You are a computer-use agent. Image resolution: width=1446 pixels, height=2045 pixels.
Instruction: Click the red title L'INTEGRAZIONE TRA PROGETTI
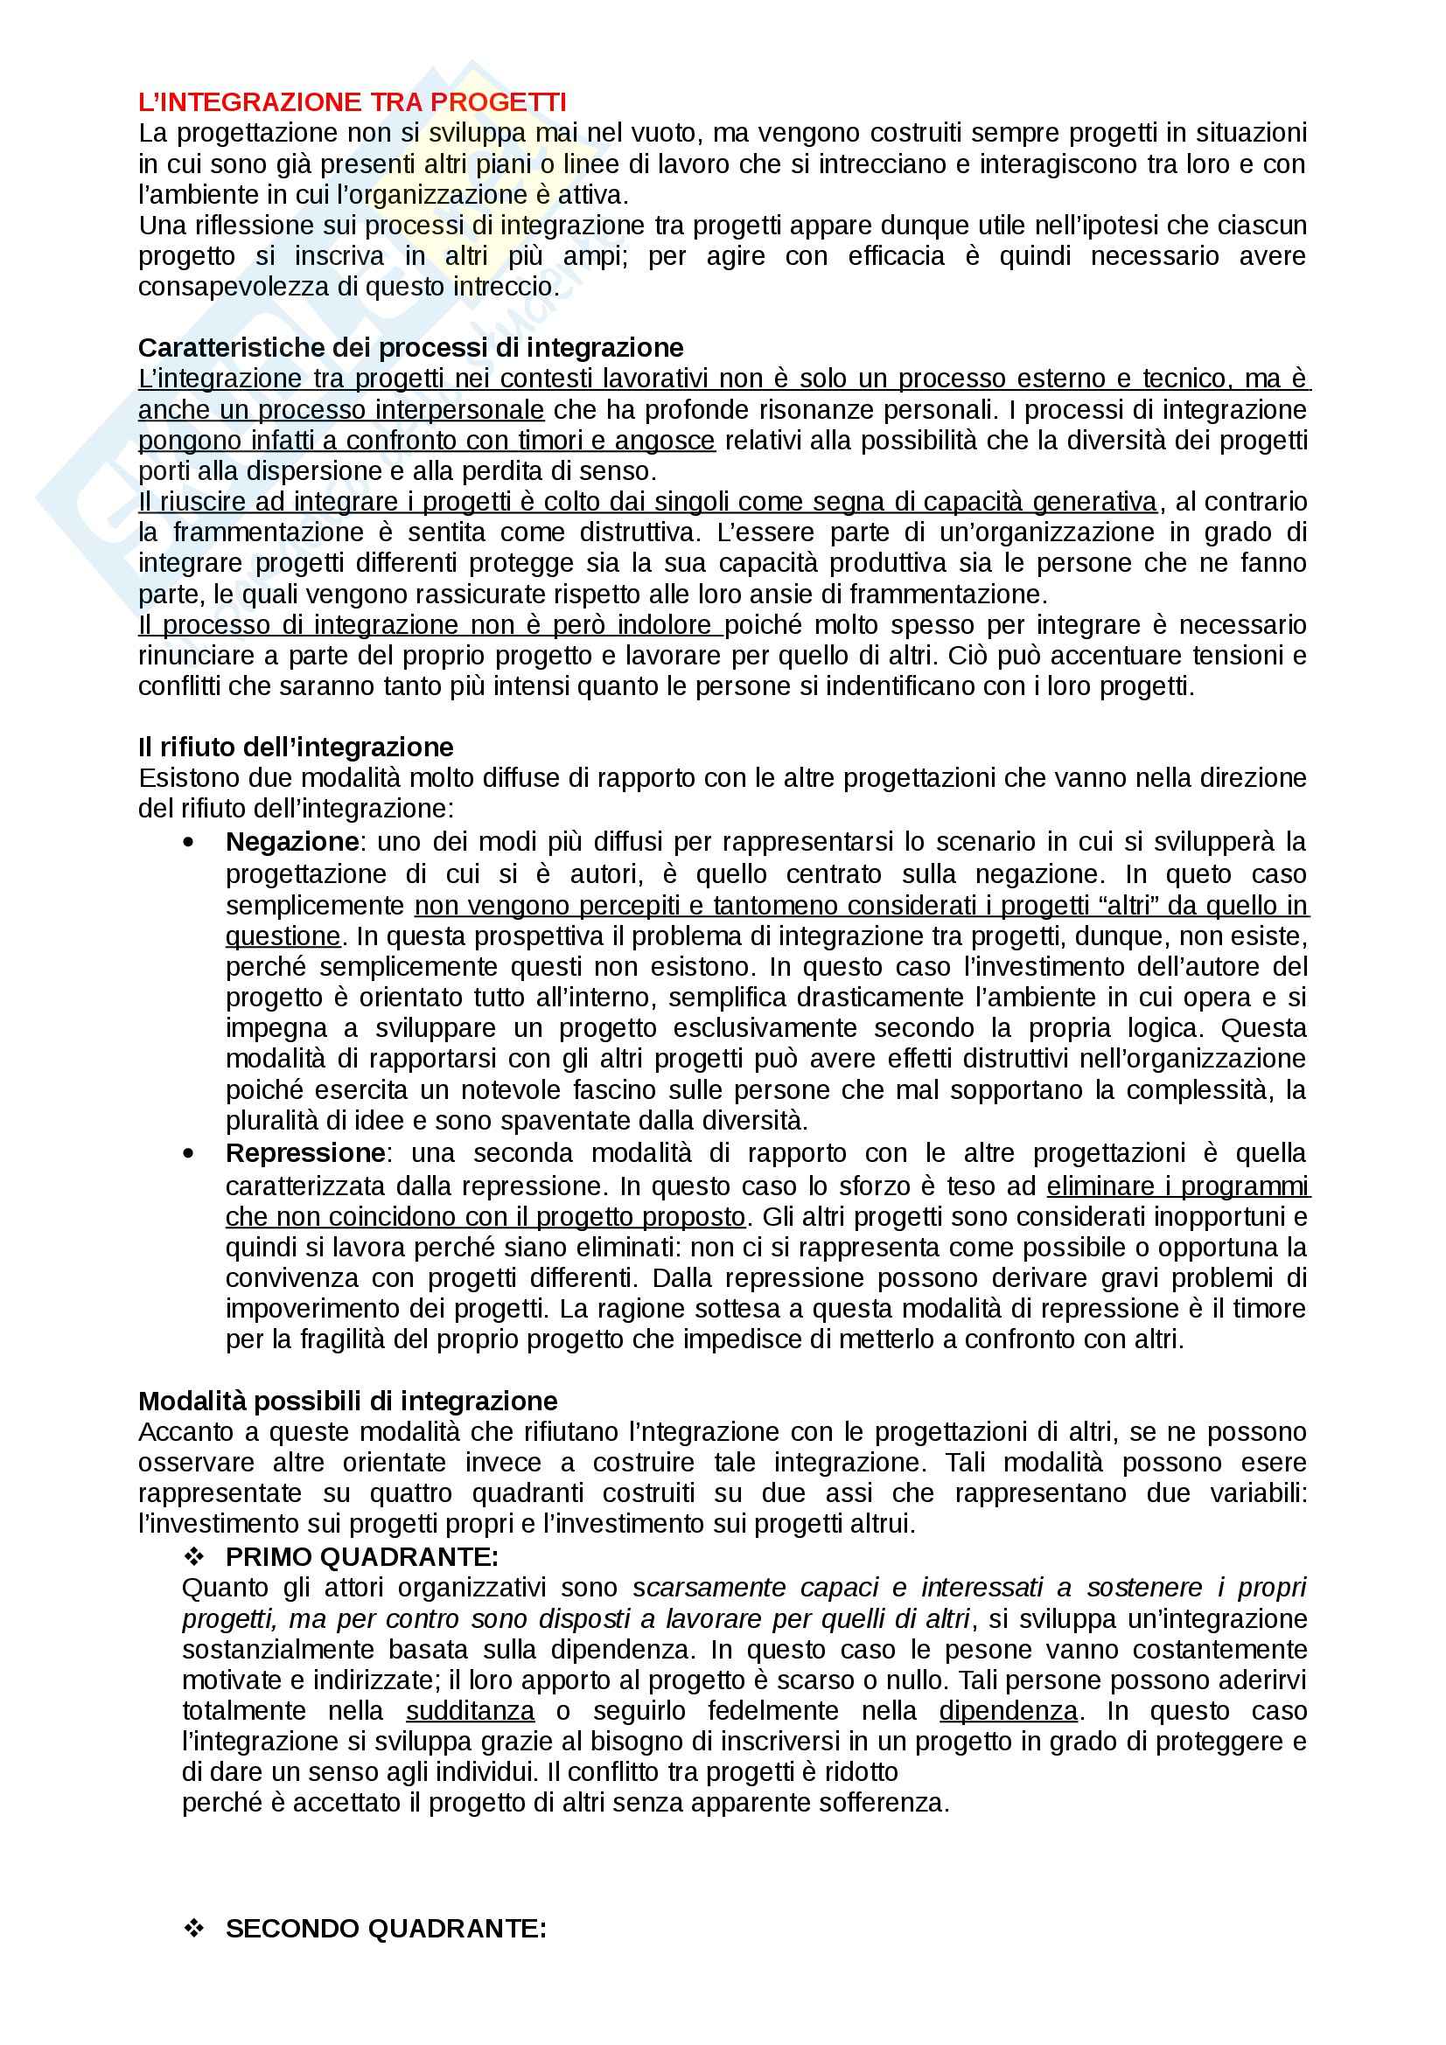pos(352,102)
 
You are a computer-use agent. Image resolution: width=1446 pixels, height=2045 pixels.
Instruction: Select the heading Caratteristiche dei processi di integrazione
pos(411,347)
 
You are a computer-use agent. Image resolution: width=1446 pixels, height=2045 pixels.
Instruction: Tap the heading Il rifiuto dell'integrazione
pos(296,747)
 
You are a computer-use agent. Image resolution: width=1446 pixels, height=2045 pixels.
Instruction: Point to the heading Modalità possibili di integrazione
pos(347,1401)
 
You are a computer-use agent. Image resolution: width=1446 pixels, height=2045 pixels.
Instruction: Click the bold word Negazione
pos(292,842)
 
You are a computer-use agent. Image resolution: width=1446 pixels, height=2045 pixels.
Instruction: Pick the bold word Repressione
pos(305,1152)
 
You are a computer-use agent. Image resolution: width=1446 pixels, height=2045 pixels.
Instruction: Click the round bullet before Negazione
pos(188,842)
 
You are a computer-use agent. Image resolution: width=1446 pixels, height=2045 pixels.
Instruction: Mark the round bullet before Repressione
pos(188,1152)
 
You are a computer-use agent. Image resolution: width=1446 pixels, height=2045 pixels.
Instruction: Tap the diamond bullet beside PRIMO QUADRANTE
pos(193,1557)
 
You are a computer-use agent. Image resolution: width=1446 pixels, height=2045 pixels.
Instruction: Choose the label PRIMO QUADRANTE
pos(362,1557)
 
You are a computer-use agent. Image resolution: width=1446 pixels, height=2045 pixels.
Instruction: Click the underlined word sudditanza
pos(471,1711)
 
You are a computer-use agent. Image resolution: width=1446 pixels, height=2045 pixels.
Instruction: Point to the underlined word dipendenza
pos(1009,1711)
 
